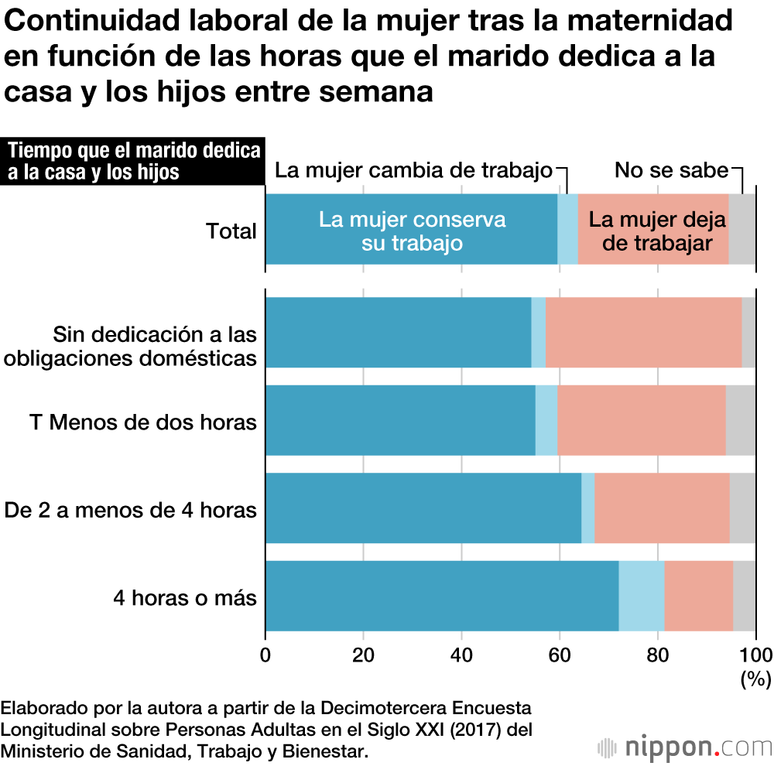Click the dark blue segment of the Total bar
pos(411,230)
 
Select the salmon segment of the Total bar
pos(653,230)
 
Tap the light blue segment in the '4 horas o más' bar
pos(642,596)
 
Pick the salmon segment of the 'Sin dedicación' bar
pos(643,333)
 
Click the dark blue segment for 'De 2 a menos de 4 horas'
pos(423,508)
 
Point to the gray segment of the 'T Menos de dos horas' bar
pos(741,420)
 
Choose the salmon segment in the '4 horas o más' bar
pos(698,596)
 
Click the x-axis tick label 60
pos(560,655)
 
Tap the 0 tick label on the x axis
pos(266,655)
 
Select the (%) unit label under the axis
pos(755,679)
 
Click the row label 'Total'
pos(231,231)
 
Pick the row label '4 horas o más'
pos(185,597)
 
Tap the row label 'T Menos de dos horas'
pos(143,422)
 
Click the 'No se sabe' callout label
pos(671,170)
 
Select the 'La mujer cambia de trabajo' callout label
pos(414,170)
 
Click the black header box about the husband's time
pos(133,161)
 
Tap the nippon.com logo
pos(685,747)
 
